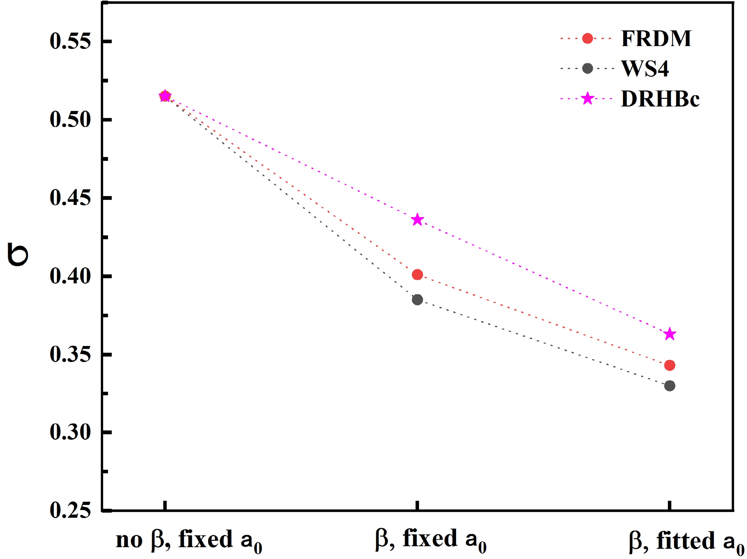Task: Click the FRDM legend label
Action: (656, 38)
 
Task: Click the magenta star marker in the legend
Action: (587, 99)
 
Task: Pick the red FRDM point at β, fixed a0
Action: (417, 275)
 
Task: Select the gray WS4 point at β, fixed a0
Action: (417, 300)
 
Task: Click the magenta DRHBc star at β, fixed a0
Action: (417, 220)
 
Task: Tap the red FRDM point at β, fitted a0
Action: (670, 365)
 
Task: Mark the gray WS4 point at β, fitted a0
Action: (670, 386)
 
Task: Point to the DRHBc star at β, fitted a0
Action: (670, 335)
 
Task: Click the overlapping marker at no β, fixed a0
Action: (165, 97)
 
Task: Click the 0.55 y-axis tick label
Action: (70, 42)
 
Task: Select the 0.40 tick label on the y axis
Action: (70, 276)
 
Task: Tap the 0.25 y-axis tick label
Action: (70, 510)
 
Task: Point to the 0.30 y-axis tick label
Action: (70, 432)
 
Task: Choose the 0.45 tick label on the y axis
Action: (70, 198)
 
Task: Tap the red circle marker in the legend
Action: (587, 38)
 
